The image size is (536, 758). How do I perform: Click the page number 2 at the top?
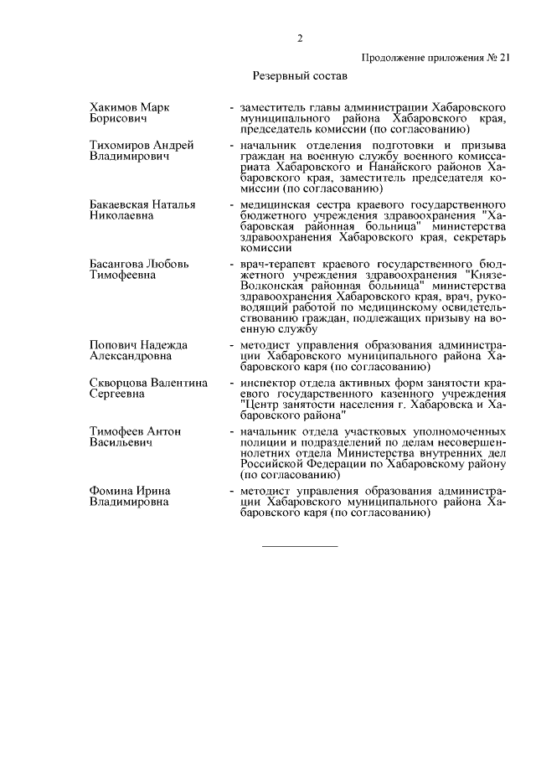[299, 38]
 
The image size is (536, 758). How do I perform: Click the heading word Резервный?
[281, 76]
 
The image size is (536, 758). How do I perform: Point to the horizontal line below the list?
[300, 546]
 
